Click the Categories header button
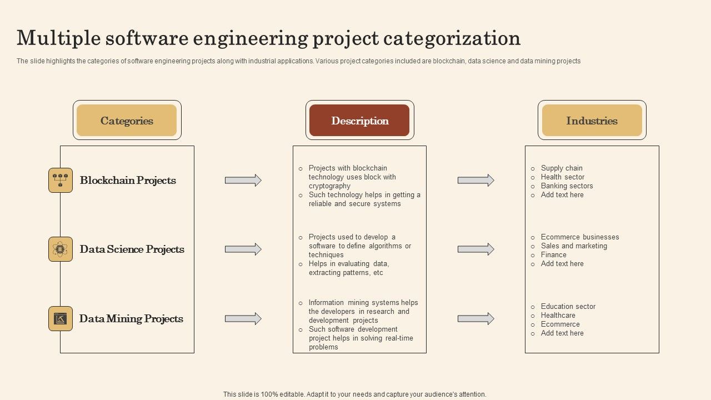[127, 121]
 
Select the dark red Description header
[359, 121]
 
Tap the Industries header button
[592, 121]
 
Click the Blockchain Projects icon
[61, 180]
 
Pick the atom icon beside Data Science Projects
[61, 249]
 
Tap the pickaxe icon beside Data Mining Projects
[61, 318]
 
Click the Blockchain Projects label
[128, 180]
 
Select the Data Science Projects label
[132, 249]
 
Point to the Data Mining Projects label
[131, 318]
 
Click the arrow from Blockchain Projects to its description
[243, 180]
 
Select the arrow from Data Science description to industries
[475, 249]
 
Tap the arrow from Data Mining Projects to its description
[243, 318]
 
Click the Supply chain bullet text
[562, 168]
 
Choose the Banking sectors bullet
[567, 186]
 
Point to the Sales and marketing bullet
[574, 246]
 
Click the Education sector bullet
[568, 306]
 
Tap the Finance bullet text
[553, 254]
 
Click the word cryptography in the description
[329, 186]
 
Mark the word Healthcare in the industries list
[558, 315]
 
